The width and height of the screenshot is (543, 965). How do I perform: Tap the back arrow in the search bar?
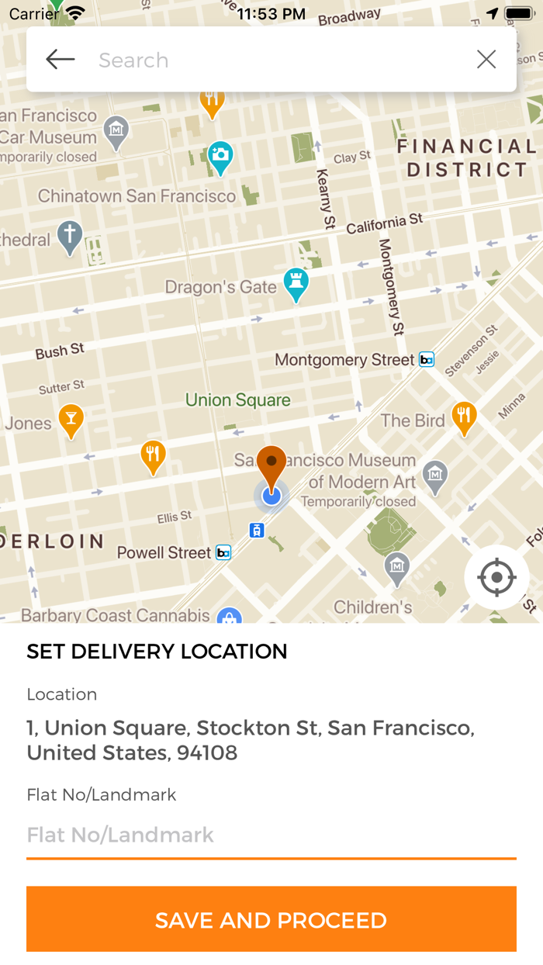point(60,60)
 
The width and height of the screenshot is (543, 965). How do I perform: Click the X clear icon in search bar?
point(486,60)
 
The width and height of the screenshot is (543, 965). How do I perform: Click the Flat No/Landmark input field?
point(271,835)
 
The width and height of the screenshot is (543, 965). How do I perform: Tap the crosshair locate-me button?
point(497,578)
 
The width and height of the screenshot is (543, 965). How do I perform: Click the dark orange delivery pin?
point(271,465)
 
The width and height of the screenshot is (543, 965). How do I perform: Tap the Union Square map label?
point(237,400)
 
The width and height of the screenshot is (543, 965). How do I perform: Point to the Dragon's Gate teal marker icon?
point(296,284)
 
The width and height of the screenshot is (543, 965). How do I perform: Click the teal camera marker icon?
point(221,156)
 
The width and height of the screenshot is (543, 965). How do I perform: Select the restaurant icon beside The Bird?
point(464,417)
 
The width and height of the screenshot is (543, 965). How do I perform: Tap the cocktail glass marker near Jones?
point(71,420)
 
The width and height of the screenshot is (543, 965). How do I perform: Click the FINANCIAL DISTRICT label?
point(467,157)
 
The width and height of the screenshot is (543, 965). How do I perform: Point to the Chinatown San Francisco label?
point(137,196)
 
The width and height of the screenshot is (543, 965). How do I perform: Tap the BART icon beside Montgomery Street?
point(427,360)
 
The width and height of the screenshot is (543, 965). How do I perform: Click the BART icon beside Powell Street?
point(223,552)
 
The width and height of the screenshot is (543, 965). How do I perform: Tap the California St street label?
point(385,223)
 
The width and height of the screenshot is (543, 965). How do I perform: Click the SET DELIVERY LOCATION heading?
point(157,652)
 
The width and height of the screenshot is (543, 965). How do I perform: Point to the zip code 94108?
point(207,752)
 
